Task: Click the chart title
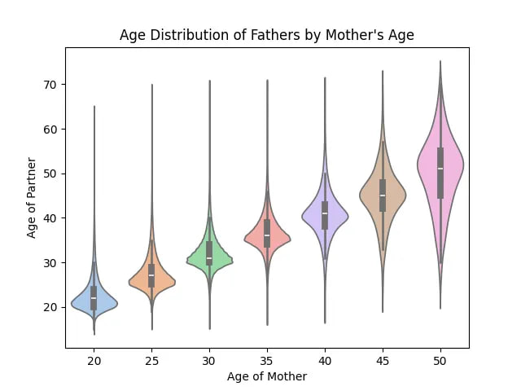[x=266, y=35]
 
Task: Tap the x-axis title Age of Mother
[x=266, y=376]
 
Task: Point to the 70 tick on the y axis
[x=50, y=85]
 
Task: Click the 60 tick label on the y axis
[x=50, y=130]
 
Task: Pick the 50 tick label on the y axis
[x=50, y=174]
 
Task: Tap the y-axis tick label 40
[x=50, y=218]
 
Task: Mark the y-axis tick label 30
[x=50, y=263]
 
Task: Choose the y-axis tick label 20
[x=50, y=307]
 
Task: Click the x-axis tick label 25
[x=151, y=359]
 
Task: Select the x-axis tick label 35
[x=267, y=359]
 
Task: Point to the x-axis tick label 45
[x=383, y=359]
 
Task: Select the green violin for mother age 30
[x=220, y=260]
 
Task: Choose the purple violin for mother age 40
[x=335, y=216]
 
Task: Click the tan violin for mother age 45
[x=393, y=196]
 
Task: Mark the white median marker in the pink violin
[x=440, y=169]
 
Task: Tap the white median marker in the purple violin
[x=325, y=213]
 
